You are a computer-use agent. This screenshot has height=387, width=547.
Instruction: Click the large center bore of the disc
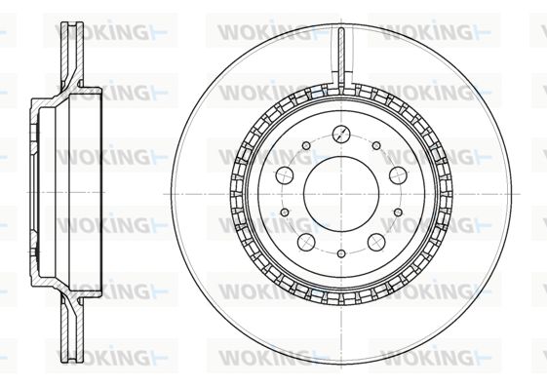[341, 194]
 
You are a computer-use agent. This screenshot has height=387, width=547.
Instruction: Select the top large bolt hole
[341, 134]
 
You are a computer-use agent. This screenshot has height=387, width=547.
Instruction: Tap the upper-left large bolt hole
[284, 175]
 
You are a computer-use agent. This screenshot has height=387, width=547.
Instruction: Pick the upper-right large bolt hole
[398, 175]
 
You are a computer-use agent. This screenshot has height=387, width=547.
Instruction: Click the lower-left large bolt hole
[306, 242]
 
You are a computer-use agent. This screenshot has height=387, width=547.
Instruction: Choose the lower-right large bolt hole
[376, 242]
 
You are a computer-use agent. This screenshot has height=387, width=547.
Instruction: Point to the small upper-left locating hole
[306, 146]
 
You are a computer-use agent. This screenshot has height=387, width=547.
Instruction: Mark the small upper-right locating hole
[376, 146]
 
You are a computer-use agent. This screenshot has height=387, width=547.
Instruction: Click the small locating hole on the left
[285, 212]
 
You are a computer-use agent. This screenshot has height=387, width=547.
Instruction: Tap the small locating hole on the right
[398, 212]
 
